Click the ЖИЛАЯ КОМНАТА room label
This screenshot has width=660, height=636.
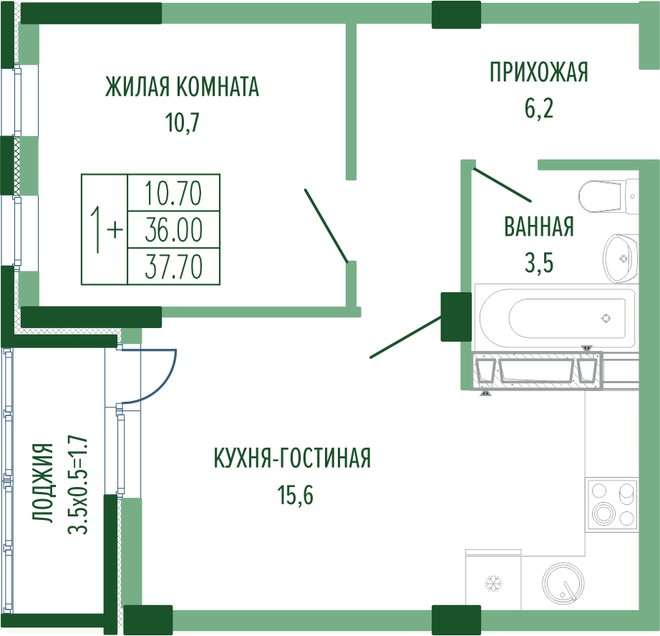182,87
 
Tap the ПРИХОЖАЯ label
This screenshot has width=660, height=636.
539,72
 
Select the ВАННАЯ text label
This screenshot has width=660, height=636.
539,226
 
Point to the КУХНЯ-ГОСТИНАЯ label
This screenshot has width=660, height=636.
293,458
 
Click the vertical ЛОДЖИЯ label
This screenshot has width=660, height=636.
44,483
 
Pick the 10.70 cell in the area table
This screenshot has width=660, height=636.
173,193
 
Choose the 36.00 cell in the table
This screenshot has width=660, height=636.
173,230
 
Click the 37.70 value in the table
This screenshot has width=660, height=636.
173,266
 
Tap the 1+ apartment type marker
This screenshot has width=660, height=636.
106,230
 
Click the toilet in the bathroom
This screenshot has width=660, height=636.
608,196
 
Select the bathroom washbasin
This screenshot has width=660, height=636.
620,258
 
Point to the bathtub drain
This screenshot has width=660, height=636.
606,319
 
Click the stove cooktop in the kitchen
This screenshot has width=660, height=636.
611,504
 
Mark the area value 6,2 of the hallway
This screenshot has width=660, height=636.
539,108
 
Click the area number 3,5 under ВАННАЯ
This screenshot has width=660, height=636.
539,264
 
